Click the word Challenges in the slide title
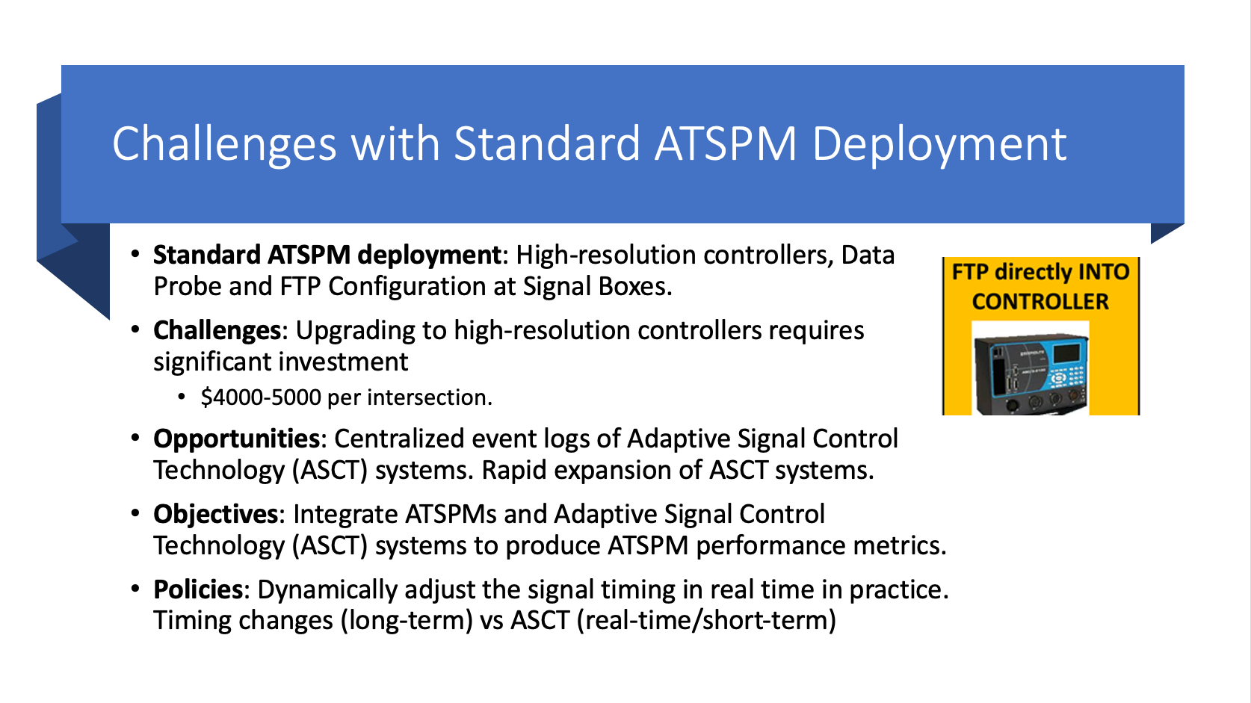[224, 144]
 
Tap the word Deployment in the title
[939, 144]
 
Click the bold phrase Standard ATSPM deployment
[327, 256]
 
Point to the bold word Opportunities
[236, 439]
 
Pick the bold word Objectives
[215, 514]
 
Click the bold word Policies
[198, 589]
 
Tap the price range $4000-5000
[261, 397]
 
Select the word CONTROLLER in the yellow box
[1040, 302]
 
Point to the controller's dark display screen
[1066, 353]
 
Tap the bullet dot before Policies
[135, 589]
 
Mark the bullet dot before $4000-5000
[181, 397]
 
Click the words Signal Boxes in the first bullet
[597, 286]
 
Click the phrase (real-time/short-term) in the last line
[706, 621]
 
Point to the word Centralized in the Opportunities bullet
[399, 439]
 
